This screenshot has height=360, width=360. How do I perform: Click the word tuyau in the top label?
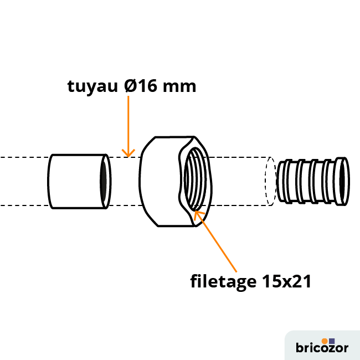[92, 87]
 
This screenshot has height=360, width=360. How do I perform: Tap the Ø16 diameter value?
[141, 86]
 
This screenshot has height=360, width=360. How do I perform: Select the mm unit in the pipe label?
[179, 88]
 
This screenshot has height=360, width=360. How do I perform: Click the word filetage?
[223, 281]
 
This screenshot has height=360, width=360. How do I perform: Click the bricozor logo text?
[322, 347]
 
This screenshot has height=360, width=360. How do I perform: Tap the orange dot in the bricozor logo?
[325, 341]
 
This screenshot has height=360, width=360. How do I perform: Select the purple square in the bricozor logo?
[332, 341]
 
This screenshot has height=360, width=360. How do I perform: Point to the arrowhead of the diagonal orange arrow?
[197, 214]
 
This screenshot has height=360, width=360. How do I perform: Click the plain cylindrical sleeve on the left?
[79, 181]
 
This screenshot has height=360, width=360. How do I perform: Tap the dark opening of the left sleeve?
[104, 181]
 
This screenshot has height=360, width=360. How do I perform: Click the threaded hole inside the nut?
[195, 179]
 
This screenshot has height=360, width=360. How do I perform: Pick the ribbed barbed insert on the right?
[313, 181]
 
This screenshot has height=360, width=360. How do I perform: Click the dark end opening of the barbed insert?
[342, 181]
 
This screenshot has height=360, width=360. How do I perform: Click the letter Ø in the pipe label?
[131, 86]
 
